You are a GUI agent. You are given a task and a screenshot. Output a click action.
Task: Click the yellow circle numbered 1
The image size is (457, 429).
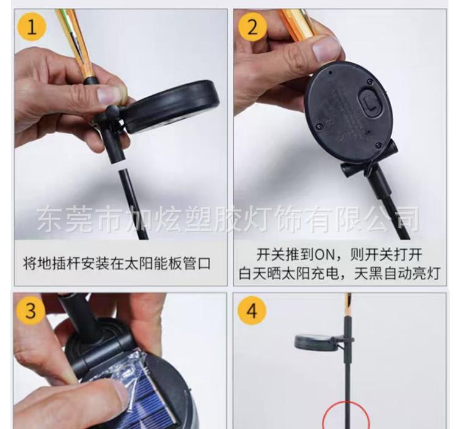(32, 27)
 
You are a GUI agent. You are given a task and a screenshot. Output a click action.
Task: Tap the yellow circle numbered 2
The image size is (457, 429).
(252, 27)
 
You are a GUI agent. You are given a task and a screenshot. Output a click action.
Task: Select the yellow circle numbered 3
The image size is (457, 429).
(30, 310)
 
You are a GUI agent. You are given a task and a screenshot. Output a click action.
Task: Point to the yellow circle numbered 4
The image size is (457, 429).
(252, 311)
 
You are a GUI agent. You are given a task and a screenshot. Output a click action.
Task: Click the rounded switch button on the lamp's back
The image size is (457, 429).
(370, 102)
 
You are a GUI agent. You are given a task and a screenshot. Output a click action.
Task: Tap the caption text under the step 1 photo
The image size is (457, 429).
(116, 263)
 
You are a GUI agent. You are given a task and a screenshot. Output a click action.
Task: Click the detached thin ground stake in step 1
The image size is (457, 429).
(133, 205)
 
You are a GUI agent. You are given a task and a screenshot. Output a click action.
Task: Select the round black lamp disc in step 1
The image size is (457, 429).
(172, 107)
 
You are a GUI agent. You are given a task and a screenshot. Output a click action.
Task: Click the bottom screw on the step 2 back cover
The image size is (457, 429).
(378, 144)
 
